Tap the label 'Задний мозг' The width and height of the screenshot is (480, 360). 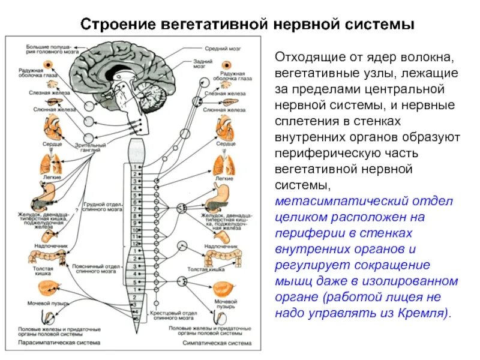pyautogui.click(x=200, y=64)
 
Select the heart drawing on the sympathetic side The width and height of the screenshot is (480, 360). pyautogui.click(x=226, y=127)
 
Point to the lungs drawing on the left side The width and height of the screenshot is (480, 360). pyautogui.click(x=49, y=163)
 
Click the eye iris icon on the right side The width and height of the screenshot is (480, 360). pyautogui.click(x=227, y=67)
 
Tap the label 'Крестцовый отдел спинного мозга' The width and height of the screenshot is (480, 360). pyautogui.click(x=174, y=315)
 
